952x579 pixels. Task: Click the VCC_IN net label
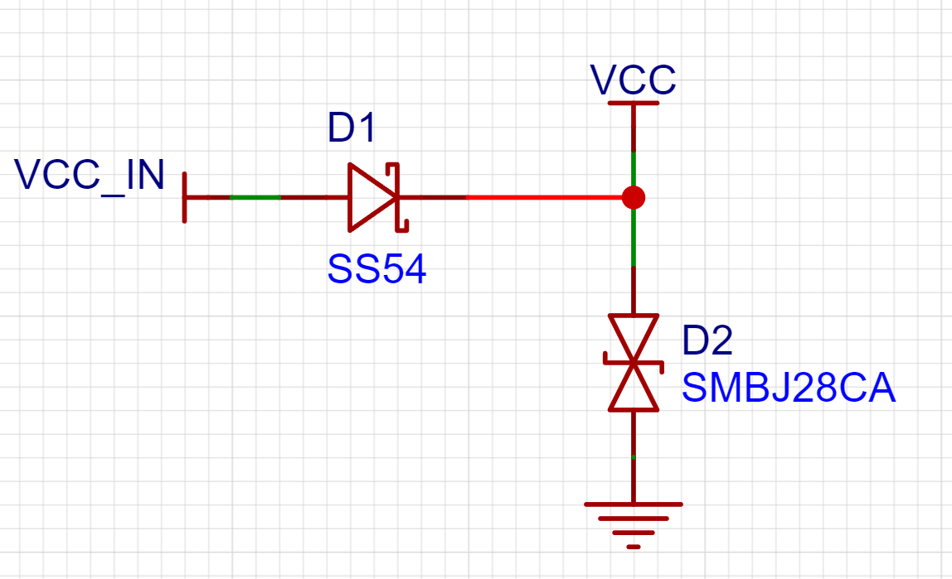point(90,176)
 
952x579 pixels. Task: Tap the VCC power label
point(633,80)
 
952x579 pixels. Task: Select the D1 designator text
point(352,128)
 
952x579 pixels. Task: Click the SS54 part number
point(376,269)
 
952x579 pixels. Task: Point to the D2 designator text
point(707,340)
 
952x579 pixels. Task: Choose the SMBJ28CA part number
point(789,388)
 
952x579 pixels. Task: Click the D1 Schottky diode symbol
point(374,197)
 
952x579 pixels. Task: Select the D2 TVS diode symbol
point(634,362)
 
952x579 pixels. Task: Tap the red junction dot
point(634,197)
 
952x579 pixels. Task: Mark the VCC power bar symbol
point(634,103)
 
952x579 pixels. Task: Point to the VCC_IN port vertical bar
point(185,197)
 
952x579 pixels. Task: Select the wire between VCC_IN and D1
point(265,197)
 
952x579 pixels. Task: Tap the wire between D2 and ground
point(634,456)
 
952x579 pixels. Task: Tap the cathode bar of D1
point(400,197)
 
